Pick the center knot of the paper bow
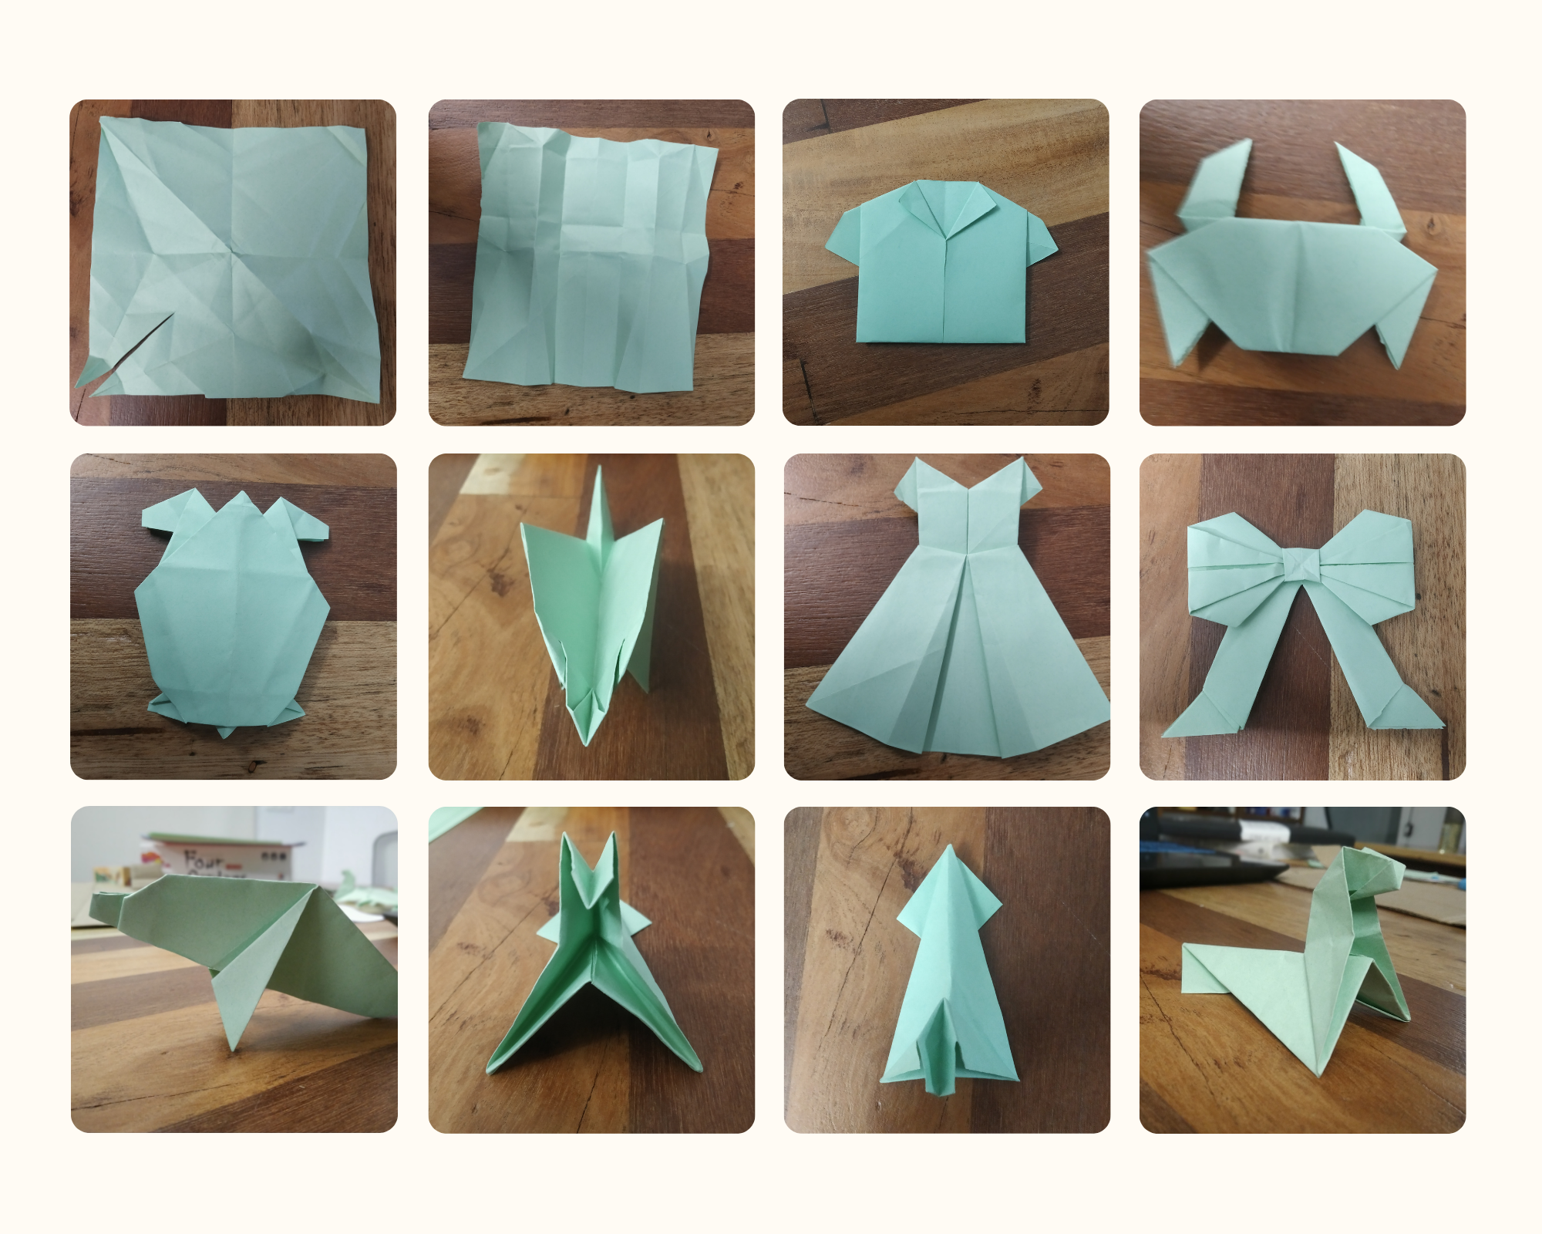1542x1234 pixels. point(1303,566)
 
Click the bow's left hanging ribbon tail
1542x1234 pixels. point(1210,698)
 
